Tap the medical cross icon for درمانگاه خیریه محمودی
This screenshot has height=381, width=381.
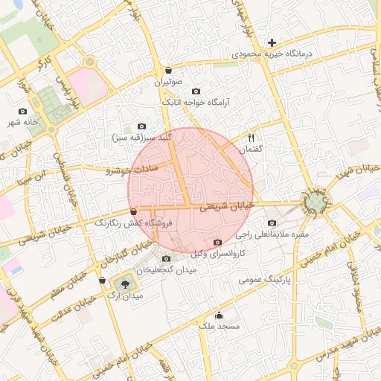tap(272, 43)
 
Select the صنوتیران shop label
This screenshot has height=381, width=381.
tap(168, 83)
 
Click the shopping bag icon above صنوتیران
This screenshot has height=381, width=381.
tap(168, 71)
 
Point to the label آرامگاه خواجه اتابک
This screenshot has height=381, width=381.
tap(196, 102)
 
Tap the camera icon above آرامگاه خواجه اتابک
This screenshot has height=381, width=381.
tap(196, 91)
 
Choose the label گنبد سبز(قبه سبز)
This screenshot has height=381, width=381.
tap(142, 138)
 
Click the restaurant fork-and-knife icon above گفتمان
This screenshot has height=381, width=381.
tap(251, 138)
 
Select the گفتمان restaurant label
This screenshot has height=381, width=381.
tap(250, 149)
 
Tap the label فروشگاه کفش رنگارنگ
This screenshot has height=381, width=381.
tap(133, 222)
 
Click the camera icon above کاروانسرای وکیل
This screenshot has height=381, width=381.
tap(217, 243)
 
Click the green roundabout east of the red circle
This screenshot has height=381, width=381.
tap(316, 201)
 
